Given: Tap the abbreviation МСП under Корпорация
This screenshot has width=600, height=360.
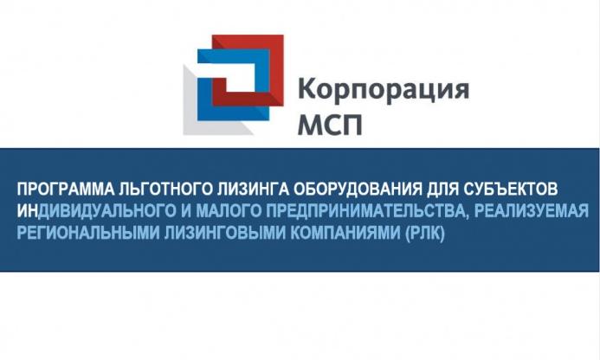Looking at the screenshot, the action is pos(330,125).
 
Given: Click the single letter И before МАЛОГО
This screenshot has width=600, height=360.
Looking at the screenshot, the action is pos(184,211).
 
